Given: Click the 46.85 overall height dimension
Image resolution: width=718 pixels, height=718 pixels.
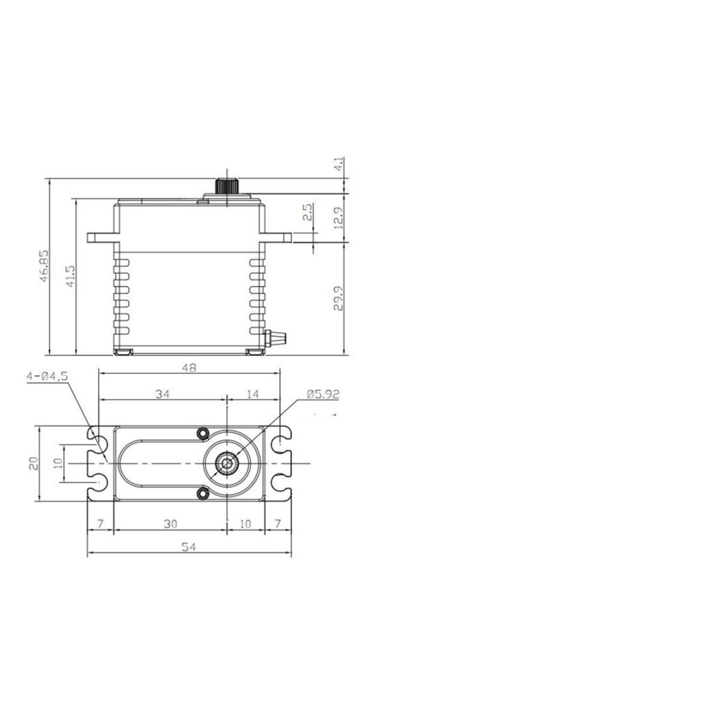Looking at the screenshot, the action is [44, 266].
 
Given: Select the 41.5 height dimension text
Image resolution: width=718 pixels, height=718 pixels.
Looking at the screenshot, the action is [70, 276].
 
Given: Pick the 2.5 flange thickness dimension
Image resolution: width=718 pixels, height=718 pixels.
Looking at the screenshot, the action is [308, 212].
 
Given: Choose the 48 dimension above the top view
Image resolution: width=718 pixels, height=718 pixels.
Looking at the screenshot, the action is [189, 368].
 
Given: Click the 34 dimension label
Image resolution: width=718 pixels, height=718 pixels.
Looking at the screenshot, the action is [162, 394].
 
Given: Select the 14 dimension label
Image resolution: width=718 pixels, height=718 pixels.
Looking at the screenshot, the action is [253, 394].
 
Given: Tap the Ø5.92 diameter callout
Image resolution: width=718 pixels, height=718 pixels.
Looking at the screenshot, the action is [322, 394].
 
